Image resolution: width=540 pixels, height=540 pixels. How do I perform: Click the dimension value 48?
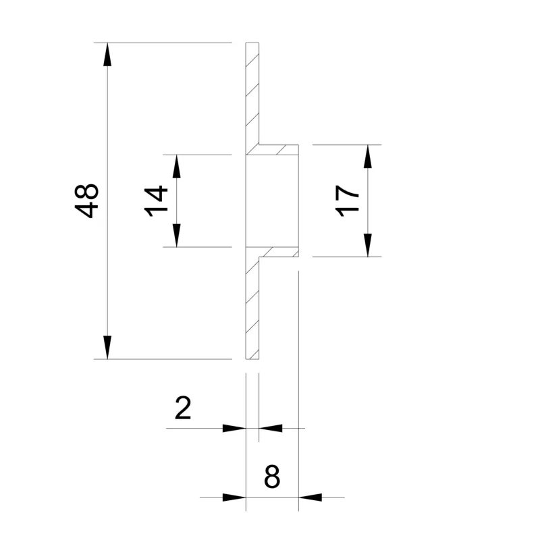(x=88, y=200)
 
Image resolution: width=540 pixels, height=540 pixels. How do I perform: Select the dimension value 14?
(x=156, y=201)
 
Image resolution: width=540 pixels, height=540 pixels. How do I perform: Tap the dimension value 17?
(x=348, y=200)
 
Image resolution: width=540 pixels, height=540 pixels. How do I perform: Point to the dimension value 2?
(x=183, y=408)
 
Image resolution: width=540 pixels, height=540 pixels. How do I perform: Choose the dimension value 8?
(x=272, y=478)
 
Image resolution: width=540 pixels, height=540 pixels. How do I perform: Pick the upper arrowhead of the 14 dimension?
(x=176, y=166)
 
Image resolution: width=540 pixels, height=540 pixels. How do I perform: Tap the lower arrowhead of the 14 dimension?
(x=176, y=236)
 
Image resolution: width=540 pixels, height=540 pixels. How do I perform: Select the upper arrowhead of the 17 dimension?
(x=367, y=156)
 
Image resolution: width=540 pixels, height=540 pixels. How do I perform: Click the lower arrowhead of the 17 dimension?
(x=367, y=245)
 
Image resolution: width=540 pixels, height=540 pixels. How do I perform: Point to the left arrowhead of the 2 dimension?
(x=234, y=428)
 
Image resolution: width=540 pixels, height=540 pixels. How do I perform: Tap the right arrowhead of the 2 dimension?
(x=270, y=428)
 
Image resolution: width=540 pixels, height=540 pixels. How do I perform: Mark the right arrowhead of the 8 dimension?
(x=310, y=497)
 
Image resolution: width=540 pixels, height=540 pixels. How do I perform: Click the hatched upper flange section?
(x=252, y=94)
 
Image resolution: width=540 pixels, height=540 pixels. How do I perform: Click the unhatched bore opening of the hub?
(x=272, y=200)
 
